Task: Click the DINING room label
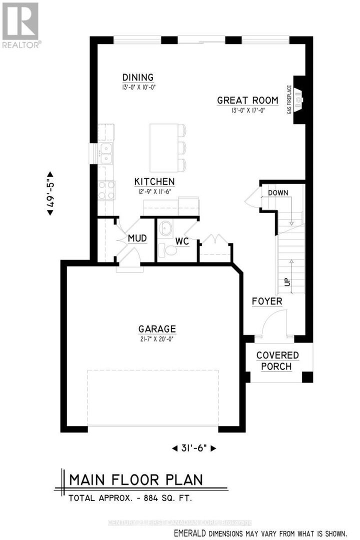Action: pyautogui.click(x=138, y=77)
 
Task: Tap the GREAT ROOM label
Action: pyautogui.click(x=240, y=100)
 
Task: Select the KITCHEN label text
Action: pyautogui.click(x=154, y=181)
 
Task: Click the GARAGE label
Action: pyautogui.click(x=157, y=329)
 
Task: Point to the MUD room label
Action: pyautogui.click(x=137, y=238)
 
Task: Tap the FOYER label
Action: pyautogui.click(x=266, y=301)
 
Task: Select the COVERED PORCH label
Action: pyautogui.click(x=277, y=361)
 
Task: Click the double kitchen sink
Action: pyautogui.click(x=105, y=153)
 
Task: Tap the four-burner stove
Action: pyautogui.click(x=106, y=190)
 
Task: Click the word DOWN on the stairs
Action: pyautogui.click(x=278, y=192)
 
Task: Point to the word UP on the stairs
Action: pyautogui.click(x=287, y=282)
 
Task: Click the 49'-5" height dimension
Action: pyautogui.click(x=49, y=190)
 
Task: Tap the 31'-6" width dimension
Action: pyautogui.click(x=194, y=448)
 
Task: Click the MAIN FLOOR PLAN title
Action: pyautogui.click(x=136, y=479)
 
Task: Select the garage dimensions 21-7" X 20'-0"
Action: pyautogui.click(x=157, y=338)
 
